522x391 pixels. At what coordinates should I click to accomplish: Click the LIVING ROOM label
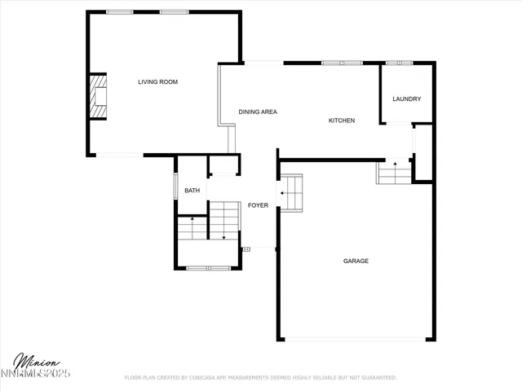click(x=157, y=81)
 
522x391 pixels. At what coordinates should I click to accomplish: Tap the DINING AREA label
click(x=258, y=112)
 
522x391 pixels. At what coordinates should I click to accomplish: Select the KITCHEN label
click(x=342, y=121)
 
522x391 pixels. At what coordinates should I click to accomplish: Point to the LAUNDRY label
click(x=406, y=99)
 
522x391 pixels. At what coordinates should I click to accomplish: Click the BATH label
click(x=192, y=191)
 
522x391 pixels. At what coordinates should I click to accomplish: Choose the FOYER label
click(x=258, y=205)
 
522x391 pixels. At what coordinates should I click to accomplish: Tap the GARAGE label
click(x=356, y=261)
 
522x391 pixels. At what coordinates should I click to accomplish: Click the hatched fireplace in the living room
click(x=99, y=96)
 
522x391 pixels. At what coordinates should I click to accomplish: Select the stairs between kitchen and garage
click(x=395, y=172)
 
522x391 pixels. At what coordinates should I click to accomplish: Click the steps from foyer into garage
click(x=292, y=192)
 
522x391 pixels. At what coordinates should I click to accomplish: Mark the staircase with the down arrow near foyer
click(x=223, y=220)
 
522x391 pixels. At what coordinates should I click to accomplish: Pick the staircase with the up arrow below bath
click(x=192, y=228)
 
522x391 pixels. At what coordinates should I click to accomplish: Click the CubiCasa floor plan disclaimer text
click(x=260, y=378)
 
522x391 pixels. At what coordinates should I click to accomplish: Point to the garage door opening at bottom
click(x=355, y=339)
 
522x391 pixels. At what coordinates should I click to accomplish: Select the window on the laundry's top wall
click(x=399, y=62)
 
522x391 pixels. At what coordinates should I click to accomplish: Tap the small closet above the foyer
click(x=223, y=165)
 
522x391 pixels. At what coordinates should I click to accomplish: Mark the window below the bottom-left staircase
click(x=208, y=268)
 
